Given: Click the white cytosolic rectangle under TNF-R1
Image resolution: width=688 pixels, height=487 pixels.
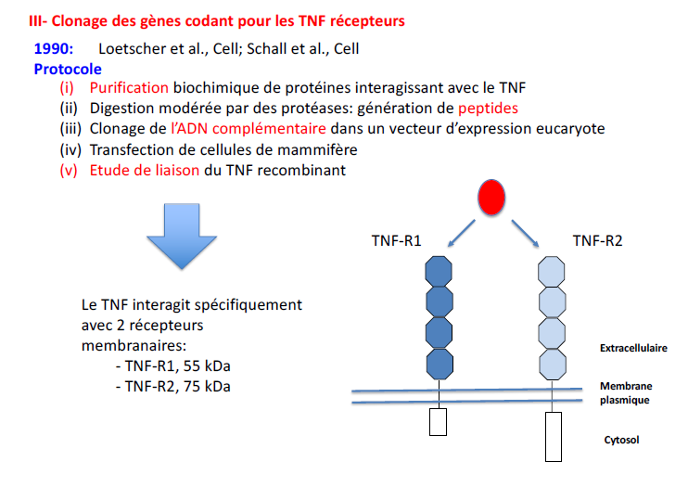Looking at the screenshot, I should coord(438,422).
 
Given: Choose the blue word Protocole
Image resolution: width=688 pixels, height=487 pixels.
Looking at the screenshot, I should coord(68,69).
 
